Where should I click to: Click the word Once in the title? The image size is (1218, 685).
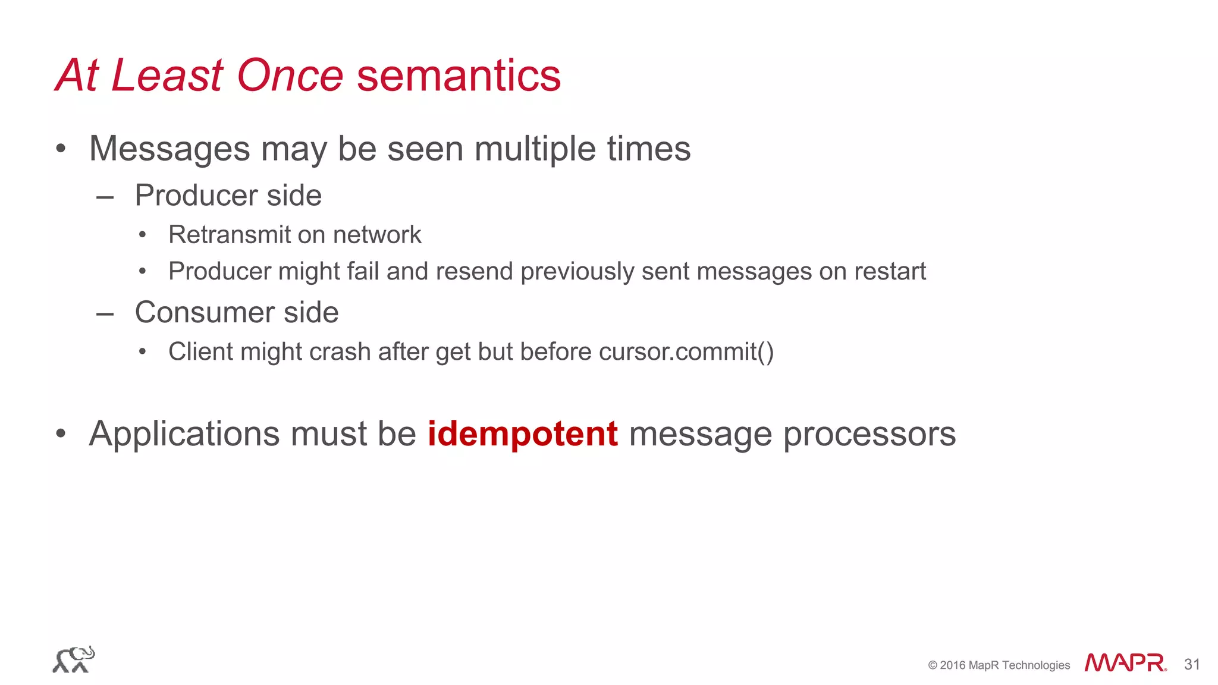pos(290,76)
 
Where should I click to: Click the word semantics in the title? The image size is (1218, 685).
pos(459,76)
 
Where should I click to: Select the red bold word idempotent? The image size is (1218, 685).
pos(522,433)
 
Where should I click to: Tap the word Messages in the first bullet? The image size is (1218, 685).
pos(169,149)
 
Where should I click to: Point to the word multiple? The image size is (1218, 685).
pos(535,149)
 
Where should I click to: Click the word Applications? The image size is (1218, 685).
pos(184,433)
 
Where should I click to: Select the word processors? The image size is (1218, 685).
pos(869,435)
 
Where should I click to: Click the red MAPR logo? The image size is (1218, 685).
pos(1125,663)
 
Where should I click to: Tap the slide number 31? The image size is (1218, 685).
pos(1192,664)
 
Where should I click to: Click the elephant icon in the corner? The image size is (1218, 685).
pos(73,659)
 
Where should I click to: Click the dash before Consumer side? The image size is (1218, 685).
pos(105,313)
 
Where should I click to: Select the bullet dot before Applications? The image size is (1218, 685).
pos(61,434)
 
